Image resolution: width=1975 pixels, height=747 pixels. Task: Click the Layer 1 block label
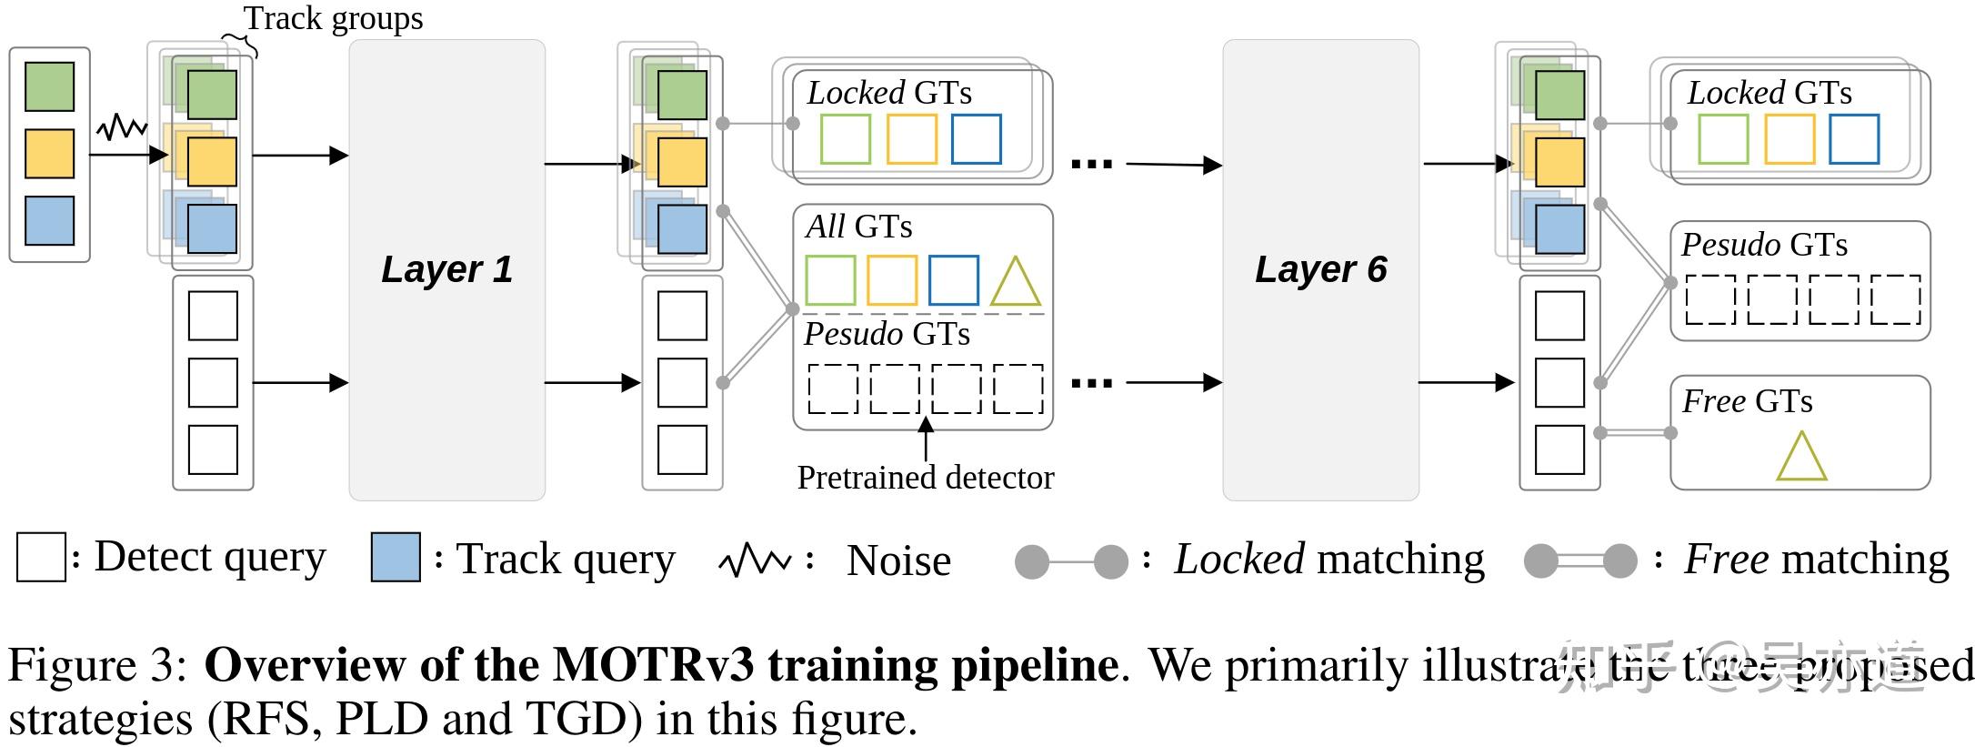tap(446, 269)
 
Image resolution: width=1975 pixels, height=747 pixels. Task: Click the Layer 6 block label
tap(1320, 269)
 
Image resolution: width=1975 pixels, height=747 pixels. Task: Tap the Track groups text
tap(333, 18)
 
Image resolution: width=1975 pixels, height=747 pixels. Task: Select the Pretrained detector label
tap(925, 478)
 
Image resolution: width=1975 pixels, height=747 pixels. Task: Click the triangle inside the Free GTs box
tap(1800, 458)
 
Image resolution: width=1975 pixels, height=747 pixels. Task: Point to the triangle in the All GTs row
tap(1015, 282)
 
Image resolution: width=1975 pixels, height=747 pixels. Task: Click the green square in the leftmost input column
tap(49, 86)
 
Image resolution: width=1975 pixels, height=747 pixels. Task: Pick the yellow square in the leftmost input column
tap(49, 154)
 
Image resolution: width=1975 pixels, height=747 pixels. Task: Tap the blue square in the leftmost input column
tap(49, 221)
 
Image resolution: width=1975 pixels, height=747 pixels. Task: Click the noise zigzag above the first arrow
tap(122, 127)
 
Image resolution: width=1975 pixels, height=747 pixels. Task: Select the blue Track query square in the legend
tap(396, 558)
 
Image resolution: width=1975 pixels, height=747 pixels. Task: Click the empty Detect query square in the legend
tap(41, 558)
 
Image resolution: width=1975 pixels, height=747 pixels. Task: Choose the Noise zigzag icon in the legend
tap(754, 561)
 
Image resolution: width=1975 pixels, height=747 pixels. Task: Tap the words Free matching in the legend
tap(1816, 559)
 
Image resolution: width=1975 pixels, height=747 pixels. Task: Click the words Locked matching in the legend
tap(1328, 559)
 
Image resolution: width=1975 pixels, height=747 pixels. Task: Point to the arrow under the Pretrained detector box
tap(926, 439)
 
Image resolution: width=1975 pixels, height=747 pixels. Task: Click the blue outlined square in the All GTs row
tap(953, 280)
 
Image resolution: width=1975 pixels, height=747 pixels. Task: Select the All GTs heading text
tap(858, 227)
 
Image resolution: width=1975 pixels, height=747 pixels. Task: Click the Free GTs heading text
tap(1747, 401)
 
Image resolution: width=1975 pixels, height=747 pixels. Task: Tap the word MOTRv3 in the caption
tap(653, 665)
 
